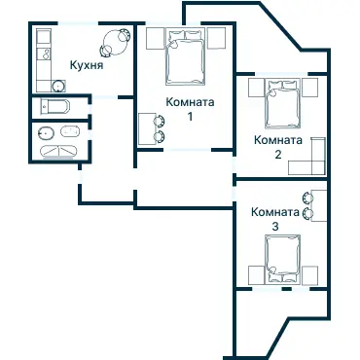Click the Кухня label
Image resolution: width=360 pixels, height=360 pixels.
click(x=86, y=66)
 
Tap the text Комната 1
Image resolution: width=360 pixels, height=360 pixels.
click(x=190, y=109)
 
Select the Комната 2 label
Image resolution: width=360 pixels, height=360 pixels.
click(x=276, y=146)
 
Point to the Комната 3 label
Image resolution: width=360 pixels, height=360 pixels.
click(x=274, y=219)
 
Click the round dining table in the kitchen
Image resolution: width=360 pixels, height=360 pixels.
click(x=115, y=42)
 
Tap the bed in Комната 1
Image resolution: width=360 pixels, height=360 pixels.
click(x=184, y=57)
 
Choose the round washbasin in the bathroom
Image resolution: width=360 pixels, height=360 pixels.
click(x=43, y=132)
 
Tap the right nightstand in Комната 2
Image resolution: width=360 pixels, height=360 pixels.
click(x=310, y=87)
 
